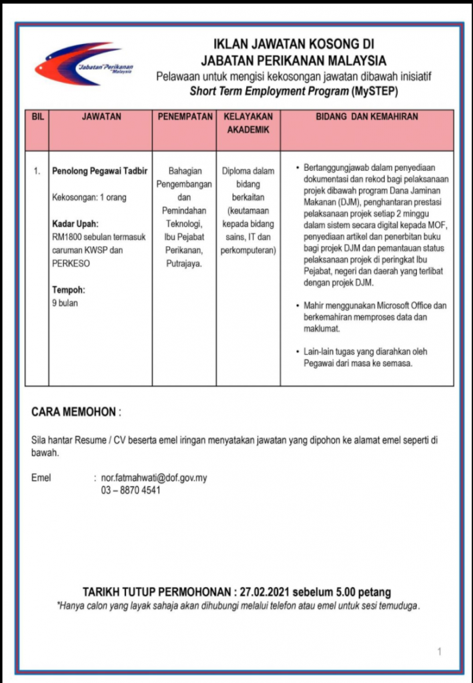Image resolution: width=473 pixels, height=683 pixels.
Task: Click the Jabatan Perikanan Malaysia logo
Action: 83,65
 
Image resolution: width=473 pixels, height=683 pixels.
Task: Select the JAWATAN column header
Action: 101,117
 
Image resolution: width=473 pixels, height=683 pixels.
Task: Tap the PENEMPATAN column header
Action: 185,117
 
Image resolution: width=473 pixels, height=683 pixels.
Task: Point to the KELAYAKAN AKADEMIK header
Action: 248,123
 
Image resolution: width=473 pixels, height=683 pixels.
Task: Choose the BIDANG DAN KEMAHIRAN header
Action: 366,117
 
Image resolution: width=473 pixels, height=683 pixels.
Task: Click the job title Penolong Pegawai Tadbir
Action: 99,171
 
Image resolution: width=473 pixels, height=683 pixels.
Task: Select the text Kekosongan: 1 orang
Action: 89,197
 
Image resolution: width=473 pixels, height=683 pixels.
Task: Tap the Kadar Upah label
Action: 75,223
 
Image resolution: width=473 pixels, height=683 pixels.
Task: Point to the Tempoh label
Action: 69,289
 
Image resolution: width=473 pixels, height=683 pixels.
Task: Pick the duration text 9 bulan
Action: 65,303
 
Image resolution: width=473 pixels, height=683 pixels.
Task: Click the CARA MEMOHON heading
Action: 74,412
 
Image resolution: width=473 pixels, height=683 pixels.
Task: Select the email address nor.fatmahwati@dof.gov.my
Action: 153,478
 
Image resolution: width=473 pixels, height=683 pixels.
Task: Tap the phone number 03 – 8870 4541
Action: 131,490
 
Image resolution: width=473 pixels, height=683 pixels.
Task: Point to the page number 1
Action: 439,652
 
